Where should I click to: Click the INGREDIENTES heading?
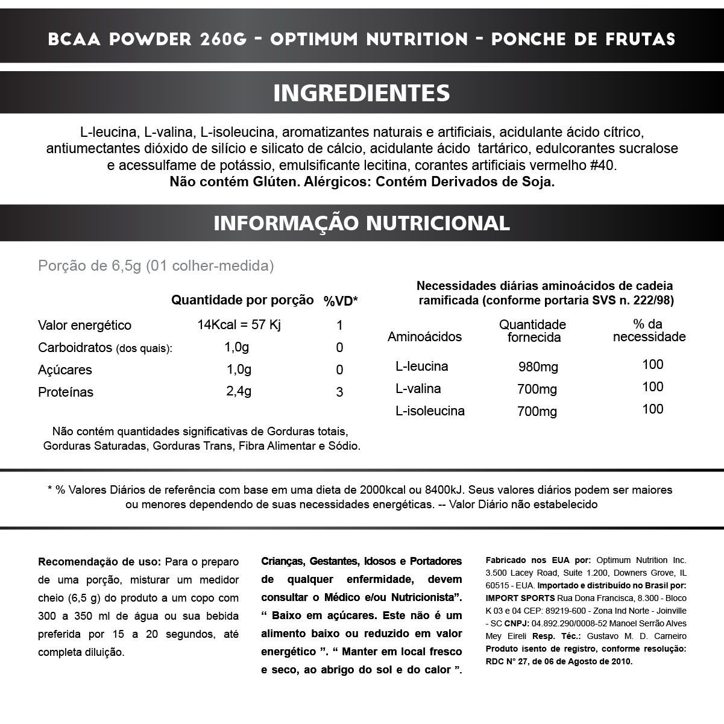click(x=362, y=93)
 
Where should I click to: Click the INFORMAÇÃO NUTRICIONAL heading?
click(x=362, y=223)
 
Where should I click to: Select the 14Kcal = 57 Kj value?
click(x=239, y=325)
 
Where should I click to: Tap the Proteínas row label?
click(x=66, y=392)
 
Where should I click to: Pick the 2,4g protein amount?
click(x=239, y=391)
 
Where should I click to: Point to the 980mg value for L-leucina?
click(x=538, y=367)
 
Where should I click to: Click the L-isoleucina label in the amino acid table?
click(x=430, y=411)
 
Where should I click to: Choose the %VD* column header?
click(x=341, y=301)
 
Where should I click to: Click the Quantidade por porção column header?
click(x=242, y=300)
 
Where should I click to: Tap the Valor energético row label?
click(x=84, y=326)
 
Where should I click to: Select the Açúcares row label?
click(x=65, y=370)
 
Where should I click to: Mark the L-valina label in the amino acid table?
click(x=418, y=389)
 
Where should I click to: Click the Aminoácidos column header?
click(x=424, y=337)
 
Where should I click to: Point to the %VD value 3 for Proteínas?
click(x=340, y=392)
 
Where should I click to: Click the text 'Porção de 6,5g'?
click(x=89, y=266)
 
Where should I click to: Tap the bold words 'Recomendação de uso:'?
click(x=99, y=562)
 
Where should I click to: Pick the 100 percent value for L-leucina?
click(x=653, y=365)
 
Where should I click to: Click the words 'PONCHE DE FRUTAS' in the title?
click(x=583, y=40)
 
